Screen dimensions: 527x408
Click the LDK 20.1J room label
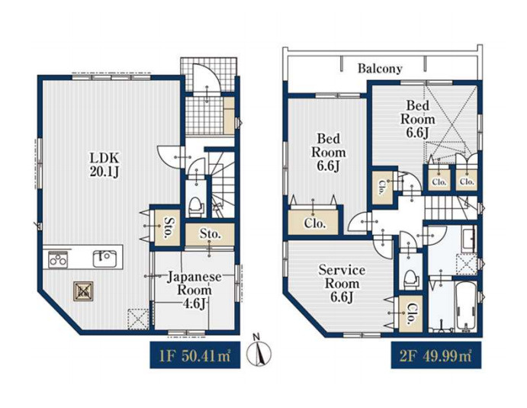coord(104,165)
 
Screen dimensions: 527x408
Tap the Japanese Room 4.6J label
coord(194,290)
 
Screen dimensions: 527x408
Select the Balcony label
coord(380,69)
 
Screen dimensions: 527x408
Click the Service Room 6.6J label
coord(342,284)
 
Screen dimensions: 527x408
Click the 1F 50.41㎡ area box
coord(195,355)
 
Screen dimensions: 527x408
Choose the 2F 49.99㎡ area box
coord(436,355)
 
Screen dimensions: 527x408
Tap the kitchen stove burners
coord(58,259)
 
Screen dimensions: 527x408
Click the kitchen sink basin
coord(104,259)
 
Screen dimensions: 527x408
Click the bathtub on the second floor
coord(466,307)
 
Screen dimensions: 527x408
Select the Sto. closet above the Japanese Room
coord(210,234)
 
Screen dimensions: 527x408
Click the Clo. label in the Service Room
coord(411,314)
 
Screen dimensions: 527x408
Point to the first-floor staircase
coord(222,184)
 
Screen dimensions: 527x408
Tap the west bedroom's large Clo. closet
coord(313,222)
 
